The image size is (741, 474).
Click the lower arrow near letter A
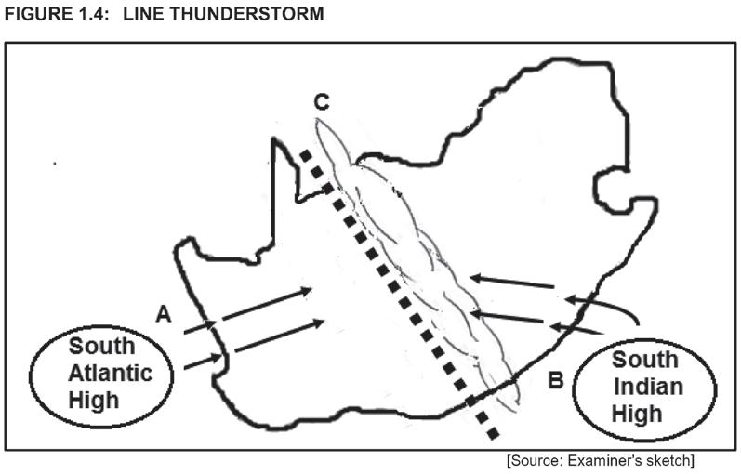(256, 341)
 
